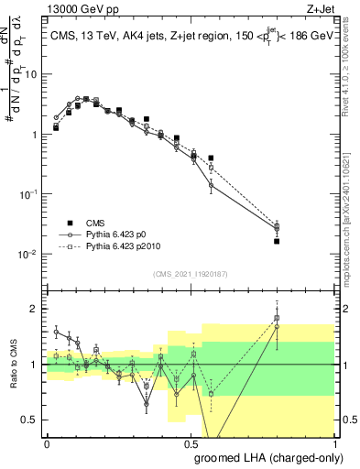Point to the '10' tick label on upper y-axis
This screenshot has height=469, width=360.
33,74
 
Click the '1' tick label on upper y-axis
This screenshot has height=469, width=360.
36,135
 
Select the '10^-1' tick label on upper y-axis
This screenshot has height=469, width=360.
30,193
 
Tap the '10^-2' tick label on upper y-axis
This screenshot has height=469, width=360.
30,254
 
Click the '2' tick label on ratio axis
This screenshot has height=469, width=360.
36,309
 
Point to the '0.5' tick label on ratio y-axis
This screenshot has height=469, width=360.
32,420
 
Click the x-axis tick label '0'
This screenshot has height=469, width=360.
47,442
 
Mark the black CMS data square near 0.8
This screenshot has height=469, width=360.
277,241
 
